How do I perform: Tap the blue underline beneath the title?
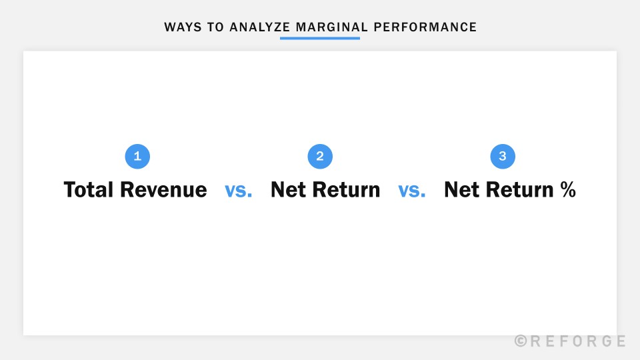[x=320, y=38]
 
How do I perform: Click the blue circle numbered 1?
[x=137, y=157]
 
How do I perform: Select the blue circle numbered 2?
[x=320, y=157]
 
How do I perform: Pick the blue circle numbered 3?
[x=503, y=157]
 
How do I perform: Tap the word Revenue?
[x=163, y=190]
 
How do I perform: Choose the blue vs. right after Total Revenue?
[x=239, y=191]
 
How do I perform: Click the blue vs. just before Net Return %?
[x=412, y=191]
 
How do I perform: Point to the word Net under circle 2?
[x=287, y=190]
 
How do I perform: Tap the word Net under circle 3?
[x=461, y=190]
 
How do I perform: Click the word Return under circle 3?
[x=519, y=190]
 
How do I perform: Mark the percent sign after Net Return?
[x=567, y=190]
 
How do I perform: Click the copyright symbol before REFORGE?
[x=521, y=341]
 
